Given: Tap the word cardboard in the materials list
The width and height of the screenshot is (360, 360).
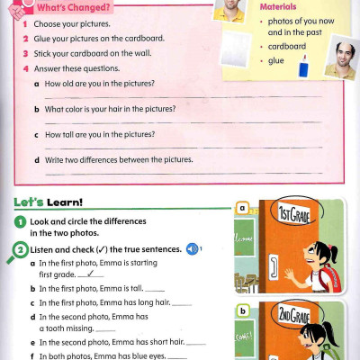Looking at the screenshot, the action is (286, 45).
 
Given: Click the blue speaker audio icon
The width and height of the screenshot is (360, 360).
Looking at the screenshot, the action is (192, 248).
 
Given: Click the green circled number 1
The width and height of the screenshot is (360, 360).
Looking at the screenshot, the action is (19, 220).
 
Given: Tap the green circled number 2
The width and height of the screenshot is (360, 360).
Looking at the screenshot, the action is (19, 249).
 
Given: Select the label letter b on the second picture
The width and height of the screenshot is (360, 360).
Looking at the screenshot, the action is (240, 311).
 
